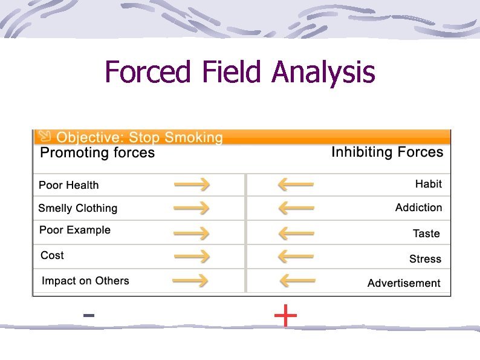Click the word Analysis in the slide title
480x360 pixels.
[x=323, y=73]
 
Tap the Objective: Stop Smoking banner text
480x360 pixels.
[x=139, y=138]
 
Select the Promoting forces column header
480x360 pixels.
[x=97, y=153]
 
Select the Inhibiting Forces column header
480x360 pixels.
[x=387, y=152]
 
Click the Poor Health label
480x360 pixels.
[x=68, y=185]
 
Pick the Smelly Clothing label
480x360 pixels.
[x=77, y=208]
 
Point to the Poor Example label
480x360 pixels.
[x=75, y=230]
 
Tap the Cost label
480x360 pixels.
[x=52, y=255]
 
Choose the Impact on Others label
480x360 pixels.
[x=85, y=281]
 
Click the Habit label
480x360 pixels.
[x=428, y=184]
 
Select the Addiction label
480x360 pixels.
[x=418, y=208]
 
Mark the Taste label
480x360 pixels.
[x=426, y=234]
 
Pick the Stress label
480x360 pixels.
[x=425, y=259]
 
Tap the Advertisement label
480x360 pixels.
[x=404, y=283]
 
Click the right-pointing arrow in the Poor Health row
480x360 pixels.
[x=192, y=184]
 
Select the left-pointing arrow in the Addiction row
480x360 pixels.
[x=296, y=208]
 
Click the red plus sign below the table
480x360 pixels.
[x=285, y=316]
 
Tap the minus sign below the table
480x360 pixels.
[x=88, y=315]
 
